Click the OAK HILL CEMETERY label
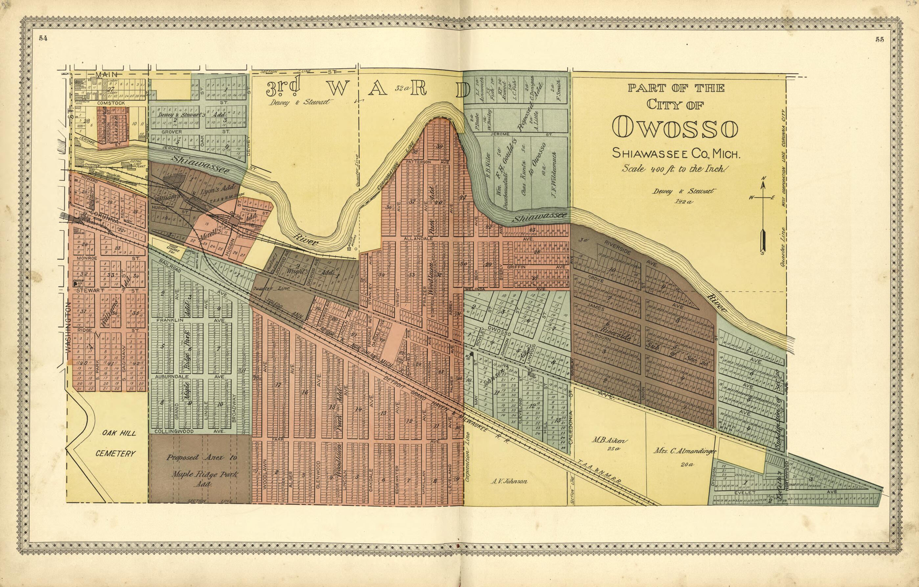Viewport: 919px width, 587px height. [x=115, y=443]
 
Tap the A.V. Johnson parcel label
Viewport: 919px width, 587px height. [x=509, y=482]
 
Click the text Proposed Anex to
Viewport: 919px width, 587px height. [x=201, y=458]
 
